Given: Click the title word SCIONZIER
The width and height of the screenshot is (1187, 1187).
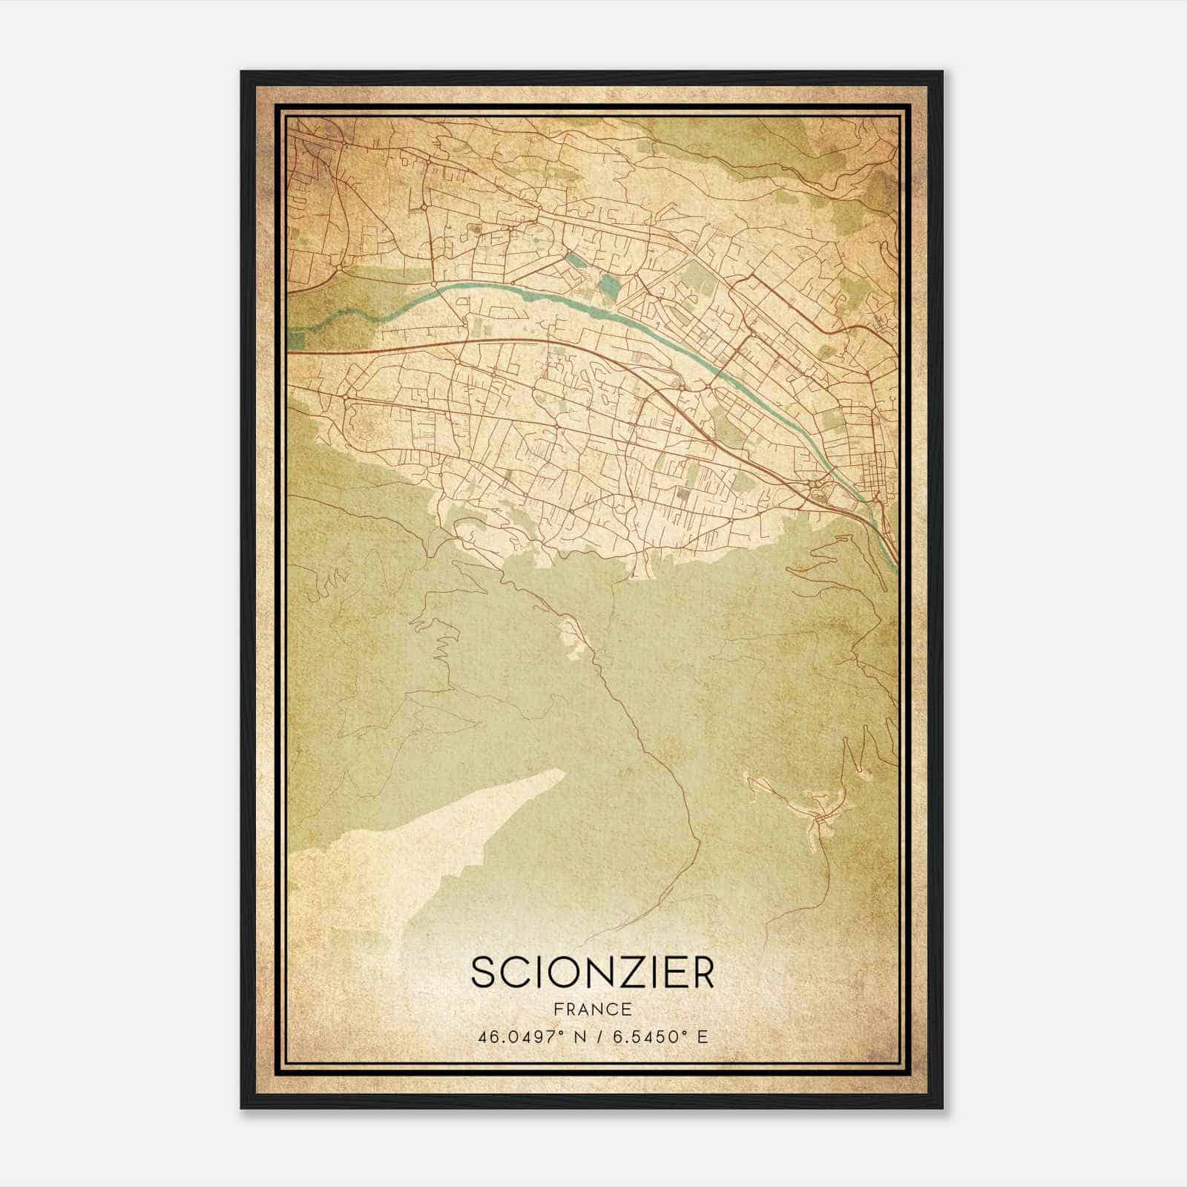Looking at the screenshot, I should [x=592, y=973].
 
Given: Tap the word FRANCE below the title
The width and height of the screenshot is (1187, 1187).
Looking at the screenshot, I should [x=591, y=1010].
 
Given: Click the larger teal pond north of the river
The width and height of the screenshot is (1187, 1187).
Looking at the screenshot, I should [x=609, y=284].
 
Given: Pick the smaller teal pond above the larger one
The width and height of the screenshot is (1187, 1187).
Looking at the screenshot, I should [x=575, y=260].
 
